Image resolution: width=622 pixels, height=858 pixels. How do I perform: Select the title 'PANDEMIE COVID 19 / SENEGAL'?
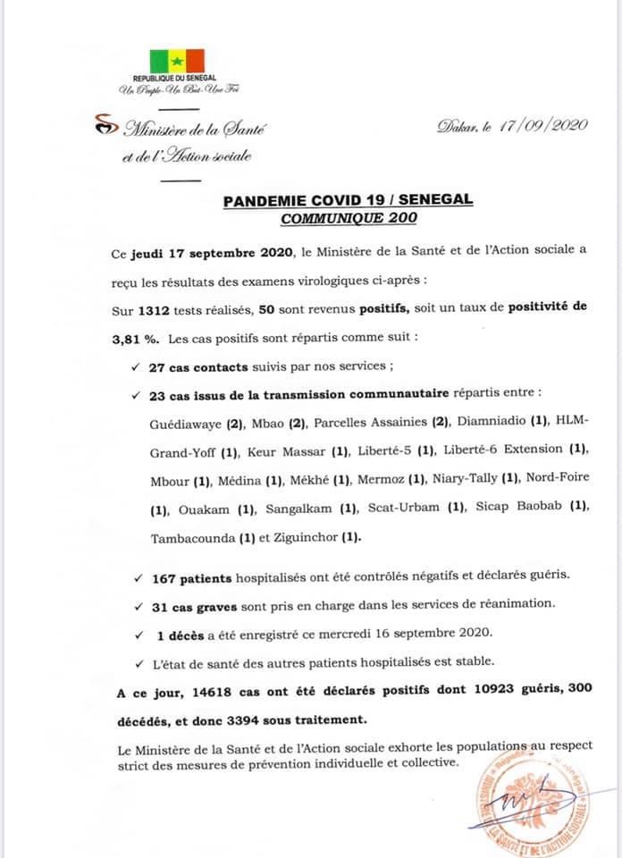click(349, 201)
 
